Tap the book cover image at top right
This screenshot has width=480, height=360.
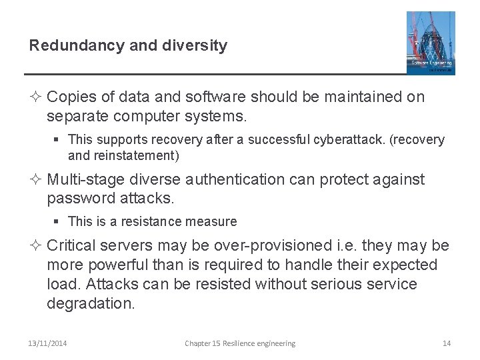click(x=431, y=43)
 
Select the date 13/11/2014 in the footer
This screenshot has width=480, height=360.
click(x=48, y=343)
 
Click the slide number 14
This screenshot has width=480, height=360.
click(x=447, y=343)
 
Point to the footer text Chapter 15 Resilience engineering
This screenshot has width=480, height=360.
click(x=240, y=343)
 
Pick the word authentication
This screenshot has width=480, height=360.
click(x=227, y=179)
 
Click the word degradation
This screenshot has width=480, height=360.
click(x=91, y=304)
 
